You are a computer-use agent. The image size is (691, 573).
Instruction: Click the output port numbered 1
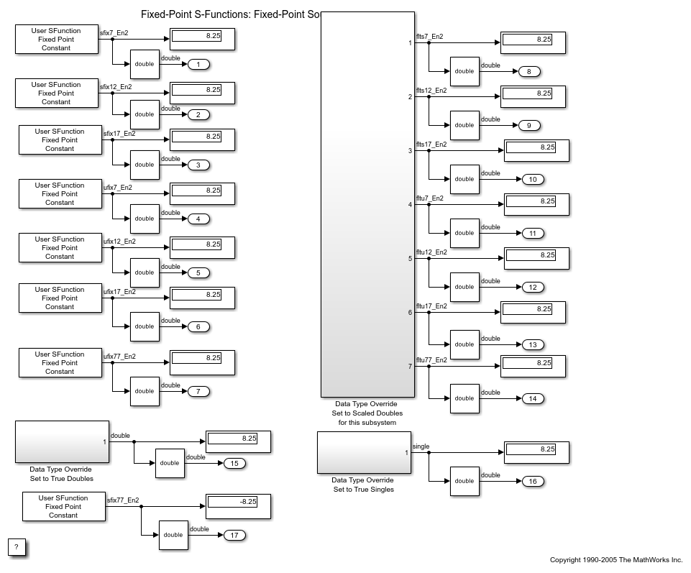tap(198, 65)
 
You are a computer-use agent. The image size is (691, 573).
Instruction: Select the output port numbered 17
tap(235, 535)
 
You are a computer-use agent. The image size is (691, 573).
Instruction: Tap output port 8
tap(529, 71)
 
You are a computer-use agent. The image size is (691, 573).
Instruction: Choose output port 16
tap(533, 481)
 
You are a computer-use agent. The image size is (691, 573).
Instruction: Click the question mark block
tap(17, 547)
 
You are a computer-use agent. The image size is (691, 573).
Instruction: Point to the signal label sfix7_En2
tap(115, 33)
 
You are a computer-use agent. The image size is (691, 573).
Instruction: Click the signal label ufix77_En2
tap(119, 357)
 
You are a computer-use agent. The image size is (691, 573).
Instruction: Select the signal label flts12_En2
tap(431, 91)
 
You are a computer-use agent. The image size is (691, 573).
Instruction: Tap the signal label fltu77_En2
tap(431, 360)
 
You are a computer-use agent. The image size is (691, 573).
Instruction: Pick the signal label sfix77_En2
tap(123, 500)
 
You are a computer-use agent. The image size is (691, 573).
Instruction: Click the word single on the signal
tap(421, 446)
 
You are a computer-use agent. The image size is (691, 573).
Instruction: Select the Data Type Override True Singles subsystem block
tap(364, 453)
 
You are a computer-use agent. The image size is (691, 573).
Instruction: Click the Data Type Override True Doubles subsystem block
tap(62, 441)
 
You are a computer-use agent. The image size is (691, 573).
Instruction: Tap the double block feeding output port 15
tap(170, 463)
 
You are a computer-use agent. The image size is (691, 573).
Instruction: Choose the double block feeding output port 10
tap(465, 179)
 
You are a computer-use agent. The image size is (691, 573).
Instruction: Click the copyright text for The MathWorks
tap(616, 560)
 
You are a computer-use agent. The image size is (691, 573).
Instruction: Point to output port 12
tap(533, 287)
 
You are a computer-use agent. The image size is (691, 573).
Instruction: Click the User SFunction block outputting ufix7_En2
tap(60, 194)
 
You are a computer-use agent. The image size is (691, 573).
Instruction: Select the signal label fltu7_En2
tap(430, 198)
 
